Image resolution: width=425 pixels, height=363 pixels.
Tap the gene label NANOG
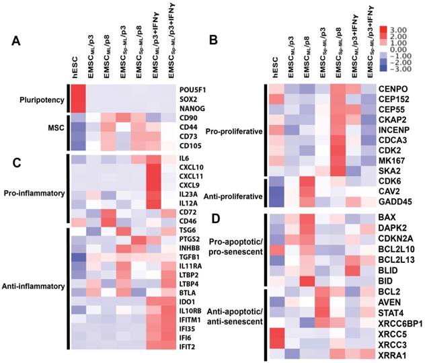(x=192, y=109)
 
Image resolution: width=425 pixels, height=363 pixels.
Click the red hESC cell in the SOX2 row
(x=78, y=99)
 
